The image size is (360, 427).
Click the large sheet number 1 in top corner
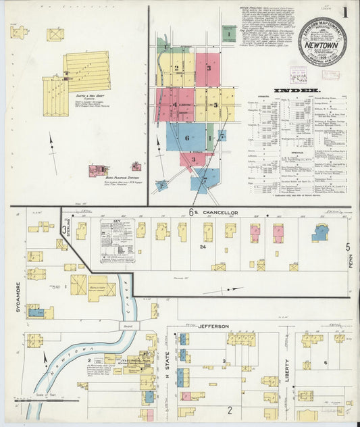coord(345,11)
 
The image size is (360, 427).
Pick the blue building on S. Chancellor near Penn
coord(320,233)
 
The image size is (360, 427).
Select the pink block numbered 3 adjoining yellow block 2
coord(209,69)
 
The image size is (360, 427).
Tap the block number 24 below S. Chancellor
coord(202,247)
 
